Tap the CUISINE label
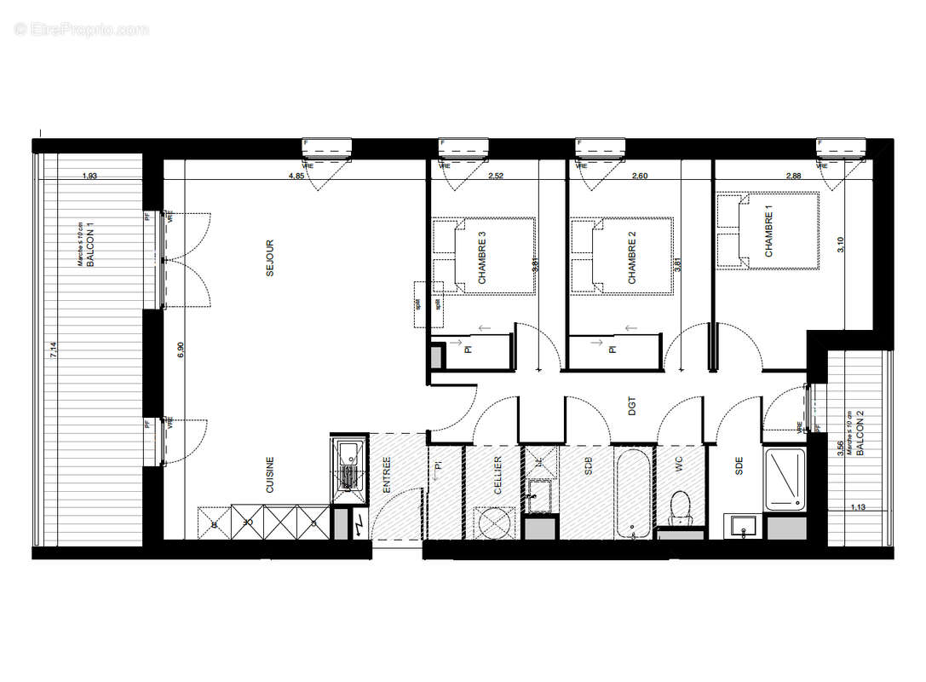270,475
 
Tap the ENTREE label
387,475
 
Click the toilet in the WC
681,509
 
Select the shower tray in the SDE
785,478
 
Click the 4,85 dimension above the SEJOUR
296,176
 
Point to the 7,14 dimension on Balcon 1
54,350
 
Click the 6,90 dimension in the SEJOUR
180,350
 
